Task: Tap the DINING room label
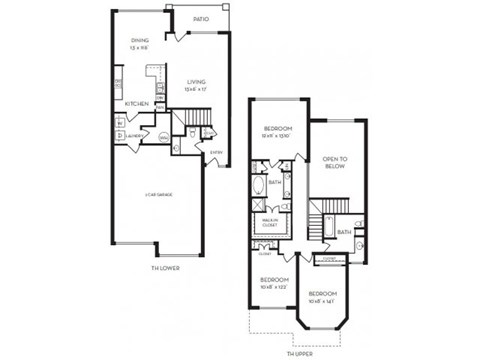(x=139, y=41)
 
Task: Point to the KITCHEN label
(x=136, y=103)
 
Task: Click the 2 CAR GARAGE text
(x=162, y=194)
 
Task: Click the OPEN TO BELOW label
(x=334, y=164)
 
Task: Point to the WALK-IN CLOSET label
(x=269, y=223)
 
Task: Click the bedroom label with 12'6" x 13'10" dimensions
(x=277, y=131)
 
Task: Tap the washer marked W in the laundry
(x=120, y=123)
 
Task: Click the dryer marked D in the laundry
(x=120, y=135)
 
